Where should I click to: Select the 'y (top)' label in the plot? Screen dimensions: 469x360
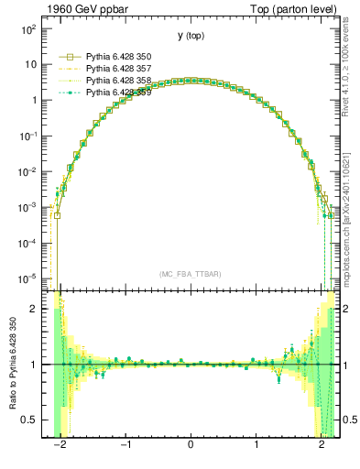tap(191, 36)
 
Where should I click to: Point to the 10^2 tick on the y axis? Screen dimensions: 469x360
tap(28, 30)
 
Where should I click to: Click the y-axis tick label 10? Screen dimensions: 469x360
tap(30, 65)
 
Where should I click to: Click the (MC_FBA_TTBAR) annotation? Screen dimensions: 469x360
tap(191, 274)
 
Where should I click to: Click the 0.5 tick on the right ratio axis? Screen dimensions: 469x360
tap(346, 420)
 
